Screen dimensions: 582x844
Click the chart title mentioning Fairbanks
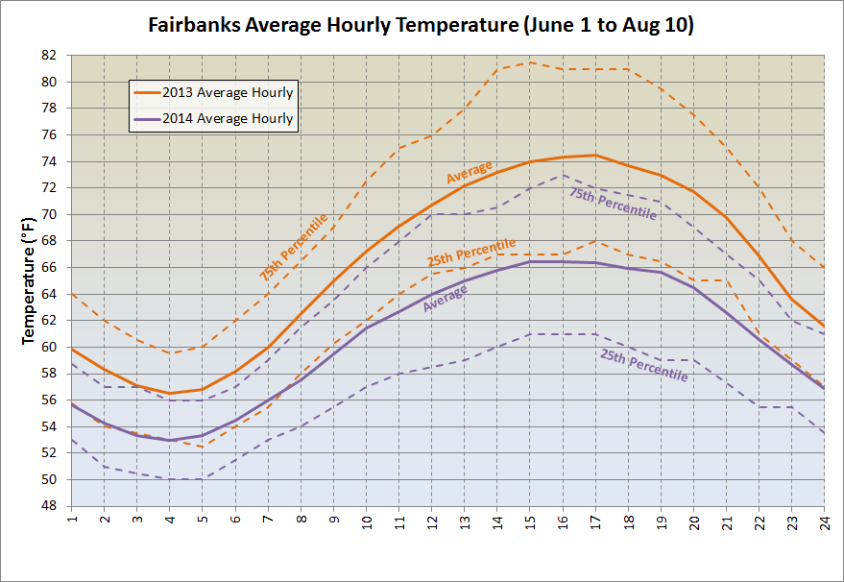pos(421,25)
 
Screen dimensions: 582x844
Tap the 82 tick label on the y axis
pos(50,56)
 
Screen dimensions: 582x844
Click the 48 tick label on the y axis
pos(50,506)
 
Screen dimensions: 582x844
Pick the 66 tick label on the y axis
pos(50,268)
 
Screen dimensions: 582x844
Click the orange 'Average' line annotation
pos(469,172)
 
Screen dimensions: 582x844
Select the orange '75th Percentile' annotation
pos(293,247)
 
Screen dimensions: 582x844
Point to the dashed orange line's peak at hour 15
pos(529,62)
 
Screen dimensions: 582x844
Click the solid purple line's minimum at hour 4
pos(170,440)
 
